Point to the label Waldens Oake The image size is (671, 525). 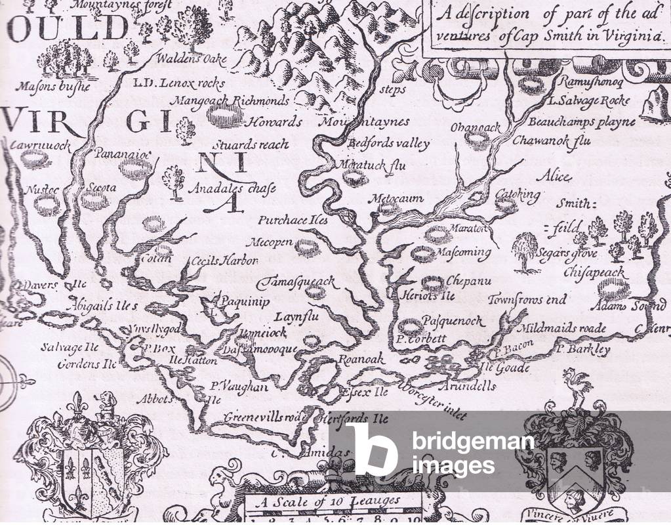point(192,59)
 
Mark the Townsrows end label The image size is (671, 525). point(527,300)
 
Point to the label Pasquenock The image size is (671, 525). point(453,322)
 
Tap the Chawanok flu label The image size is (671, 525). point(552,140)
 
